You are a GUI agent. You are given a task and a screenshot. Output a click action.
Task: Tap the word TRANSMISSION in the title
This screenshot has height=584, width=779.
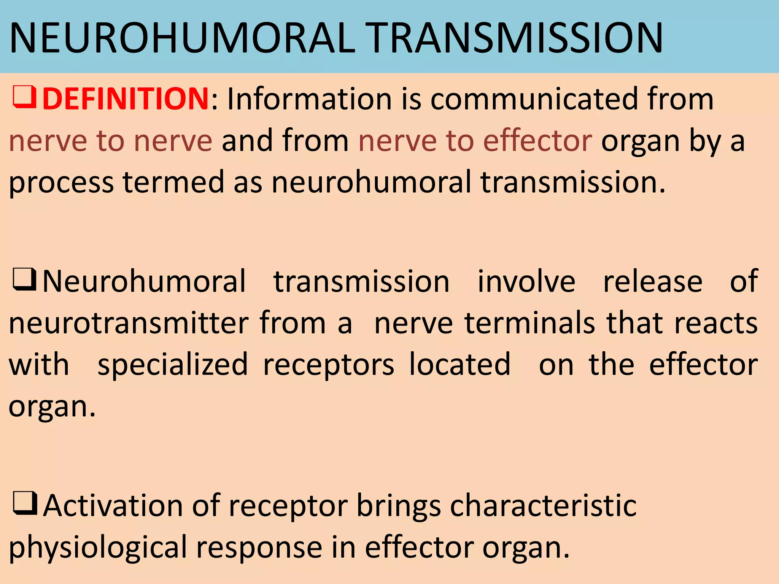point(516,38)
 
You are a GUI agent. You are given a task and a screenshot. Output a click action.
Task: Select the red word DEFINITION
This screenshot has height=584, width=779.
point(126,99)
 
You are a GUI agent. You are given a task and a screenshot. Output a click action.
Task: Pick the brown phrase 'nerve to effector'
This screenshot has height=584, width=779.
point(475,141)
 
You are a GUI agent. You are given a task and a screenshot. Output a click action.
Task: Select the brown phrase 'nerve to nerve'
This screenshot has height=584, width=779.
point(110,141)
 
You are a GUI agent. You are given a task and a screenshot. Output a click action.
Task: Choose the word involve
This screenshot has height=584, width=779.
point(526,281)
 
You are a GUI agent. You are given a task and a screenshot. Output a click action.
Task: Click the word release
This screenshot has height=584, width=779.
point(653,281)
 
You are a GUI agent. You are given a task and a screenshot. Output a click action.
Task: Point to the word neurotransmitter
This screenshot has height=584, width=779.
point(129,323)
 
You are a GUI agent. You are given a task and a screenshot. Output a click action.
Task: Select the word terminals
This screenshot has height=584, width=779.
point(529,323)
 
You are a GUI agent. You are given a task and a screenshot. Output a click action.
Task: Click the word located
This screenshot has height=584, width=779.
point(459,364)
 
